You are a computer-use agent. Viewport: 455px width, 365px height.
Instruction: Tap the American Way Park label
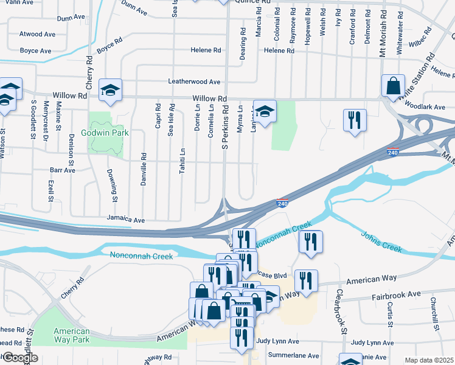coord(71,335)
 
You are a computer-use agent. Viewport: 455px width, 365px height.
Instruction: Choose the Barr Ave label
coord(63,170)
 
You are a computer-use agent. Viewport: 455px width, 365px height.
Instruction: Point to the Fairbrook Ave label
coord(397,294)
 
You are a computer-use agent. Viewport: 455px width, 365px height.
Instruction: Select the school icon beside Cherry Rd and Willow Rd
coord(110,89)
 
